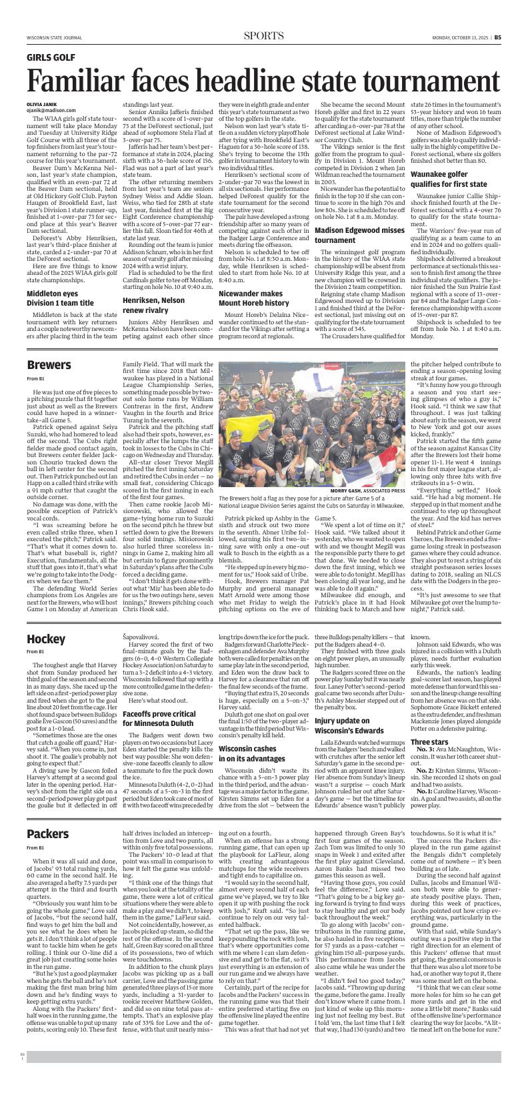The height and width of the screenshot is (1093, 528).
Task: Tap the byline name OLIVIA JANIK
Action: (x=42, y=105)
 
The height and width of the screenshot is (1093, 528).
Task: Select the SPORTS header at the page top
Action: (x=263, y=35)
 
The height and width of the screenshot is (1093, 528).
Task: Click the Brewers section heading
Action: (x=49, y=365)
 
